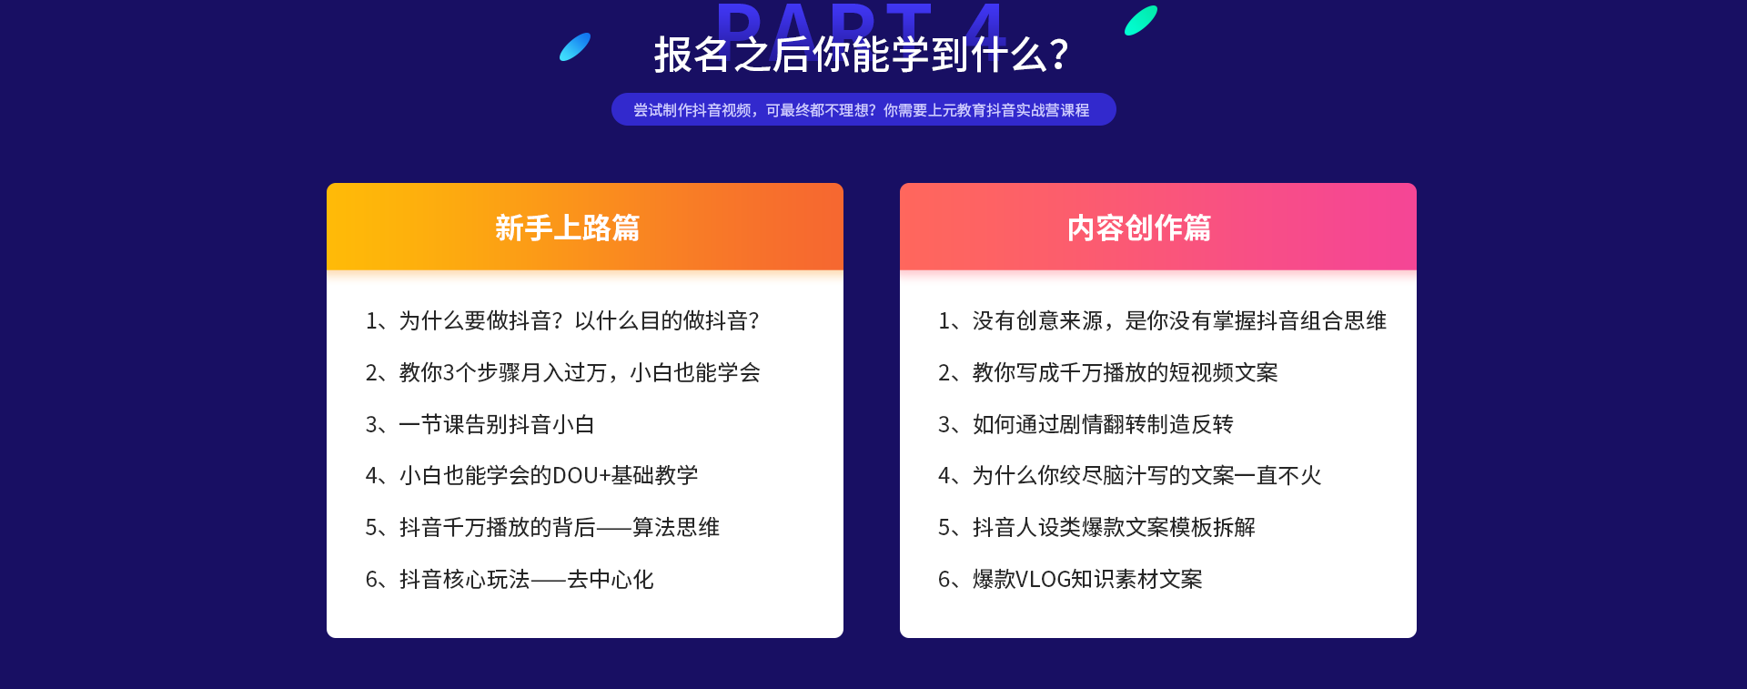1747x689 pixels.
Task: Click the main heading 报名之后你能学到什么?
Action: [x=861, y=55]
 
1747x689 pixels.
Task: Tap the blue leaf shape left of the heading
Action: [x=575, y=46]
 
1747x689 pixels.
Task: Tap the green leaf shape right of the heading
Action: [x=1141, y=20]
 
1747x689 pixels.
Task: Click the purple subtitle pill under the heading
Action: [x=863, y=109]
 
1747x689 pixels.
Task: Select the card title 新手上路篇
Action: [x=567, y=228]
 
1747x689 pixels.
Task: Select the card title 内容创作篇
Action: [x=1139, y=228]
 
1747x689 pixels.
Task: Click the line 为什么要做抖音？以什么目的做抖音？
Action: [x=579, y=320]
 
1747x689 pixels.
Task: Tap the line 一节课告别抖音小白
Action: [x=497, y=424]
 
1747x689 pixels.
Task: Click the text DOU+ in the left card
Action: [x=581, y=476]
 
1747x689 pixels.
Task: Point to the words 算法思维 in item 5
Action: [x=676, y=527]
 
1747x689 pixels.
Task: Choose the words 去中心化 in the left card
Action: [x=611, y=579]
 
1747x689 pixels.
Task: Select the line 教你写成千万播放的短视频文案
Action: [x=1125, y=372]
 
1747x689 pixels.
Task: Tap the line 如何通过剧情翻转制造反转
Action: [x=1103, y=424]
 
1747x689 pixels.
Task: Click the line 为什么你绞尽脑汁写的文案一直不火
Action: [x=1146, y=475]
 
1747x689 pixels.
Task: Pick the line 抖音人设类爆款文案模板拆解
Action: [x=1114, y=527]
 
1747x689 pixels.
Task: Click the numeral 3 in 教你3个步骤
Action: [x=449, y=372]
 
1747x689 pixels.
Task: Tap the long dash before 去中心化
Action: [x=549, y=580]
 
